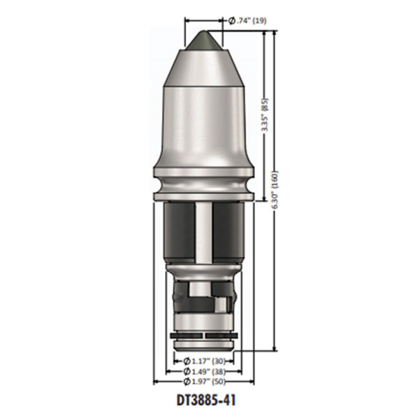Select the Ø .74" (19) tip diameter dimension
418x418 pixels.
point(247,21)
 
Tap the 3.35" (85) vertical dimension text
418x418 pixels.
point(265,114)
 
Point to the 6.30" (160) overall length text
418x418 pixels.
point(276,190)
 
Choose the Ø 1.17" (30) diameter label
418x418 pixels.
point(204,361)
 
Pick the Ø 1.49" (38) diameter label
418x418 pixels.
point(204,371)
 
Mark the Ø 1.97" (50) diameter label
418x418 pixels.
point(204,381)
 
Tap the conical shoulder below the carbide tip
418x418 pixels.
point(203,68)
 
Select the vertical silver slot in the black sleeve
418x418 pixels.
point(203,233)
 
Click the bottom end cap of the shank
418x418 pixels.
point(203,346)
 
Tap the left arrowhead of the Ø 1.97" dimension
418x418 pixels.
point(156,382)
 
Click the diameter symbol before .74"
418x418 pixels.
point(232,21)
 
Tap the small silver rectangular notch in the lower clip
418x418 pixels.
point(220,305)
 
